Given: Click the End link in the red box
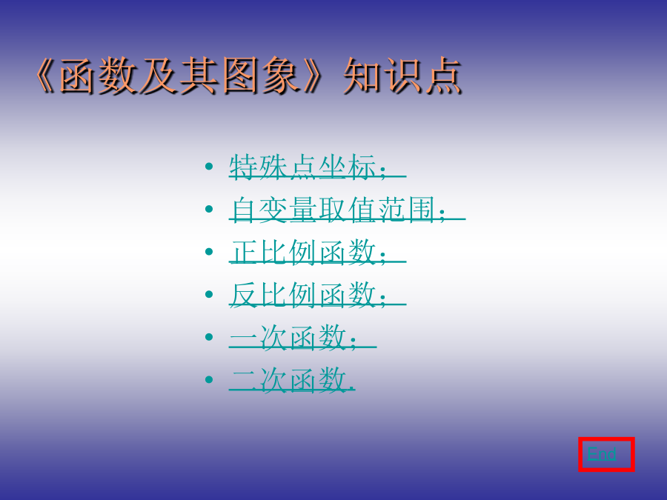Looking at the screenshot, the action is tap(602, 454).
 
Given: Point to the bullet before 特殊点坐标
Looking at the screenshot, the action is tap(209, 166).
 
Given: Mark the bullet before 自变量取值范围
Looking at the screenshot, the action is tap(209, 209).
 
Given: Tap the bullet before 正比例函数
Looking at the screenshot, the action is tap(209, 251).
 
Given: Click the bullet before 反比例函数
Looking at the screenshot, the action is tap(209, 294).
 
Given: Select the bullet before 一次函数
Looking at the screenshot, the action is tap(209, 336).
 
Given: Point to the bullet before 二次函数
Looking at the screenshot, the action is tap(209, 379).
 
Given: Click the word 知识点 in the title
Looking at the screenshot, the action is tap(402, 76).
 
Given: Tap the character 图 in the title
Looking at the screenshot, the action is tap(240, 76).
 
